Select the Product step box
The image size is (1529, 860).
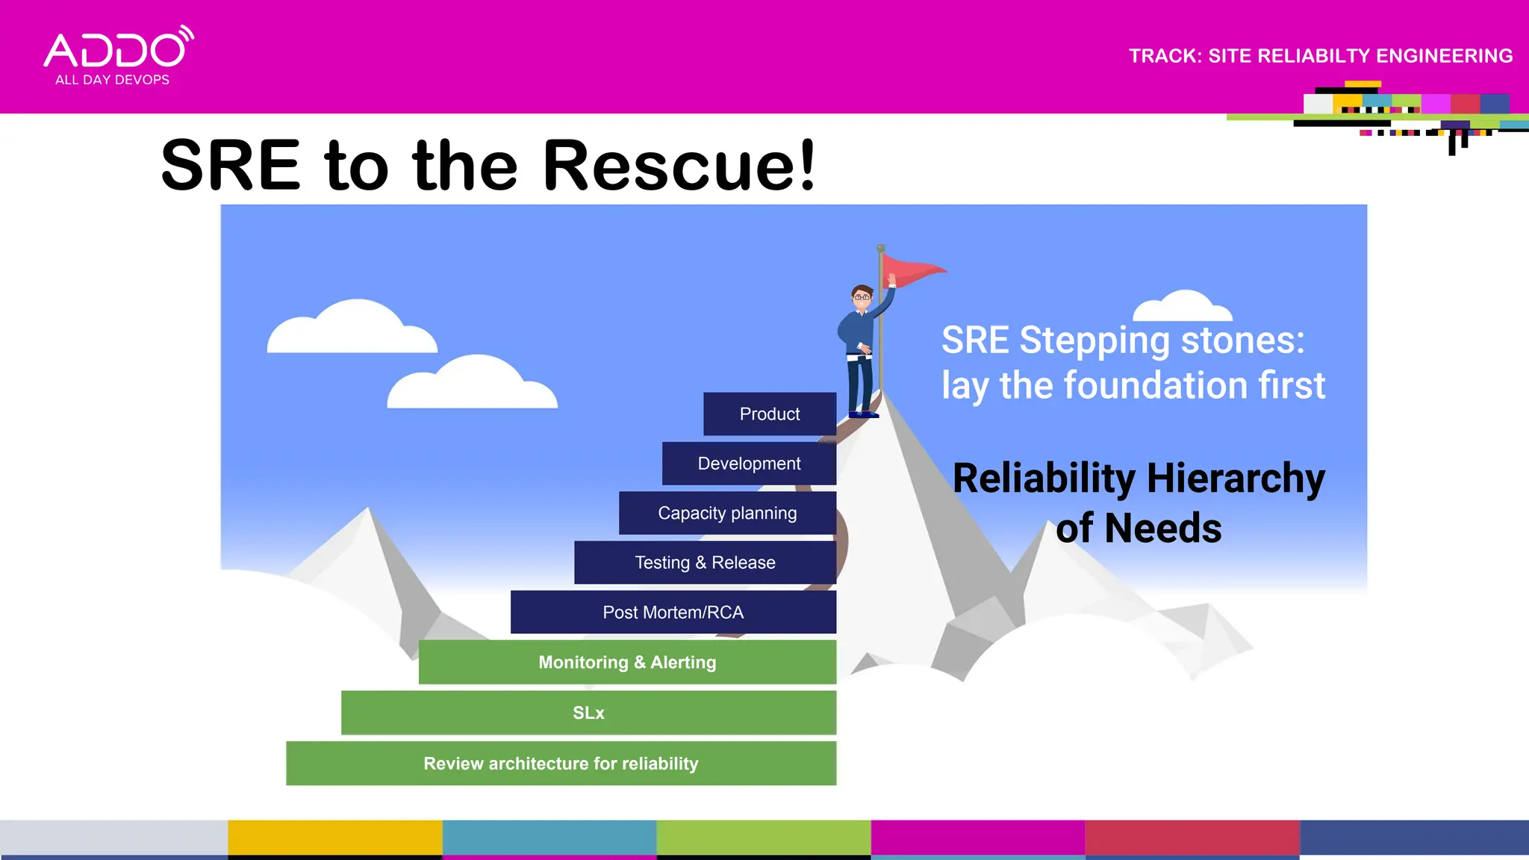[769, 414]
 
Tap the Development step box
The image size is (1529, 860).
[748, 464]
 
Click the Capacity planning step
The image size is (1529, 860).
[726, 513]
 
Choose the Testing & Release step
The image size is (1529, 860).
[704, 562]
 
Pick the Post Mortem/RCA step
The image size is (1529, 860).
[673, 612]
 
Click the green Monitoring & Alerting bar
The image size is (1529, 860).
[626, 662]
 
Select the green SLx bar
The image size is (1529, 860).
[588, 713]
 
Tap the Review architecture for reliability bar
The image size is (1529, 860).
[561, 763]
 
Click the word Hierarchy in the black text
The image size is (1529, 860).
[1236, 479]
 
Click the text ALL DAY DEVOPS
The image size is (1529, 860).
[112, 80]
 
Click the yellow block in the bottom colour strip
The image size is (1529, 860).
[334, 838]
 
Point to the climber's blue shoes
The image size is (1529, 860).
[864, 414]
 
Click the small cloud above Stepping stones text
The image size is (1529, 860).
[1182, 306]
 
